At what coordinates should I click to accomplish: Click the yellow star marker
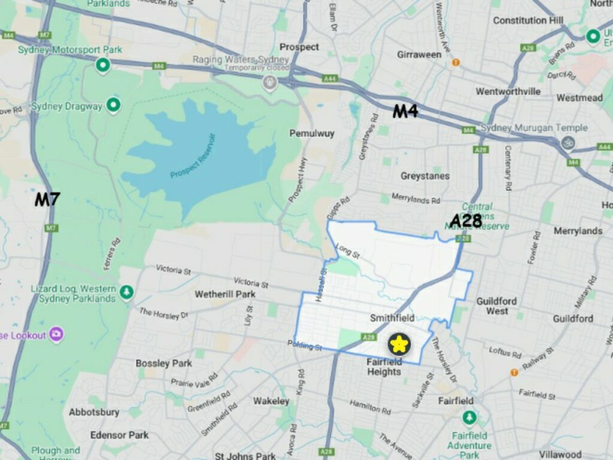(x=398, y=344)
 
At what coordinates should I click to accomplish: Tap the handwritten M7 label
(x=47, y=199)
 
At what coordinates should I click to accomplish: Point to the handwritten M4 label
(x=405, y=111)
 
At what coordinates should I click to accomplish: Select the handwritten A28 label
(x=466, y=221)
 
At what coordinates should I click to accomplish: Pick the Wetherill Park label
(x=225, y=294)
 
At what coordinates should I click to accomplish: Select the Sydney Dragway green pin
(x=113, y=106)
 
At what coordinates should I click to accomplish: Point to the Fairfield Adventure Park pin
(x=470, y=417)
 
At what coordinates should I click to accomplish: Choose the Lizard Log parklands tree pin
(x=126, y=292)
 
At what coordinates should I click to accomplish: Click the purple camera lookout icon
(x=56, y=334)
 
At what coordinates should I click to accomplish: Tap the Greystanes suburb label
(x=425, y=176)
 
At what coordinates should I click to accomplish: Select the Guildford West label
(x=497, y=306)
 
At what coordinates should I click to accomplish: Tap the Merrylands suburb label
(x=578, y=231)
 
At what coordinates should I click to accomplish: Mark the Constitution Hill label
(x=529, y=20)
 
